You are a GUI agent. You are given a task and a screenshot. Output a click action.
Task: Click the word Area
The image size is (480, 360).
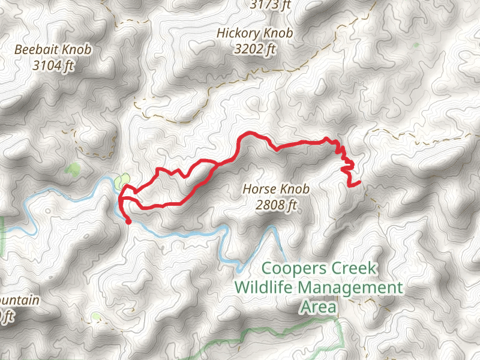coord(318,307)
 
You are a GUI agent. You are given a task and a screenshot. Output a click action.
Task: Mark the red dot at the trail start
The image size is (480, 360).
coord(128,221)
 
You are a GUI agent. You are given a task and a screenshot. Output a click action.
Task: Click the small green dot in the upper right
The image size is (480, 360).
coord(416,45)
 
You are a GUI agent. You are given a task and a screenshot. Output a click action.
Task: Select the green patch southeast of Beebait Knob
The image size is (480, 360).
coord(73,170)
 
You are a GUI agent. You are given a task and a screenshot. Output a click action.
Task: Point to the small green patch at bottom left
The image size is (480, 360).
coord(96,316)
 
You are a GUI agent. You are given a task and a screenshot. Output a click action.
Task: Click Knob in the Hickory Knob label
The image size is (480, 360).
coord(279,34)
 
